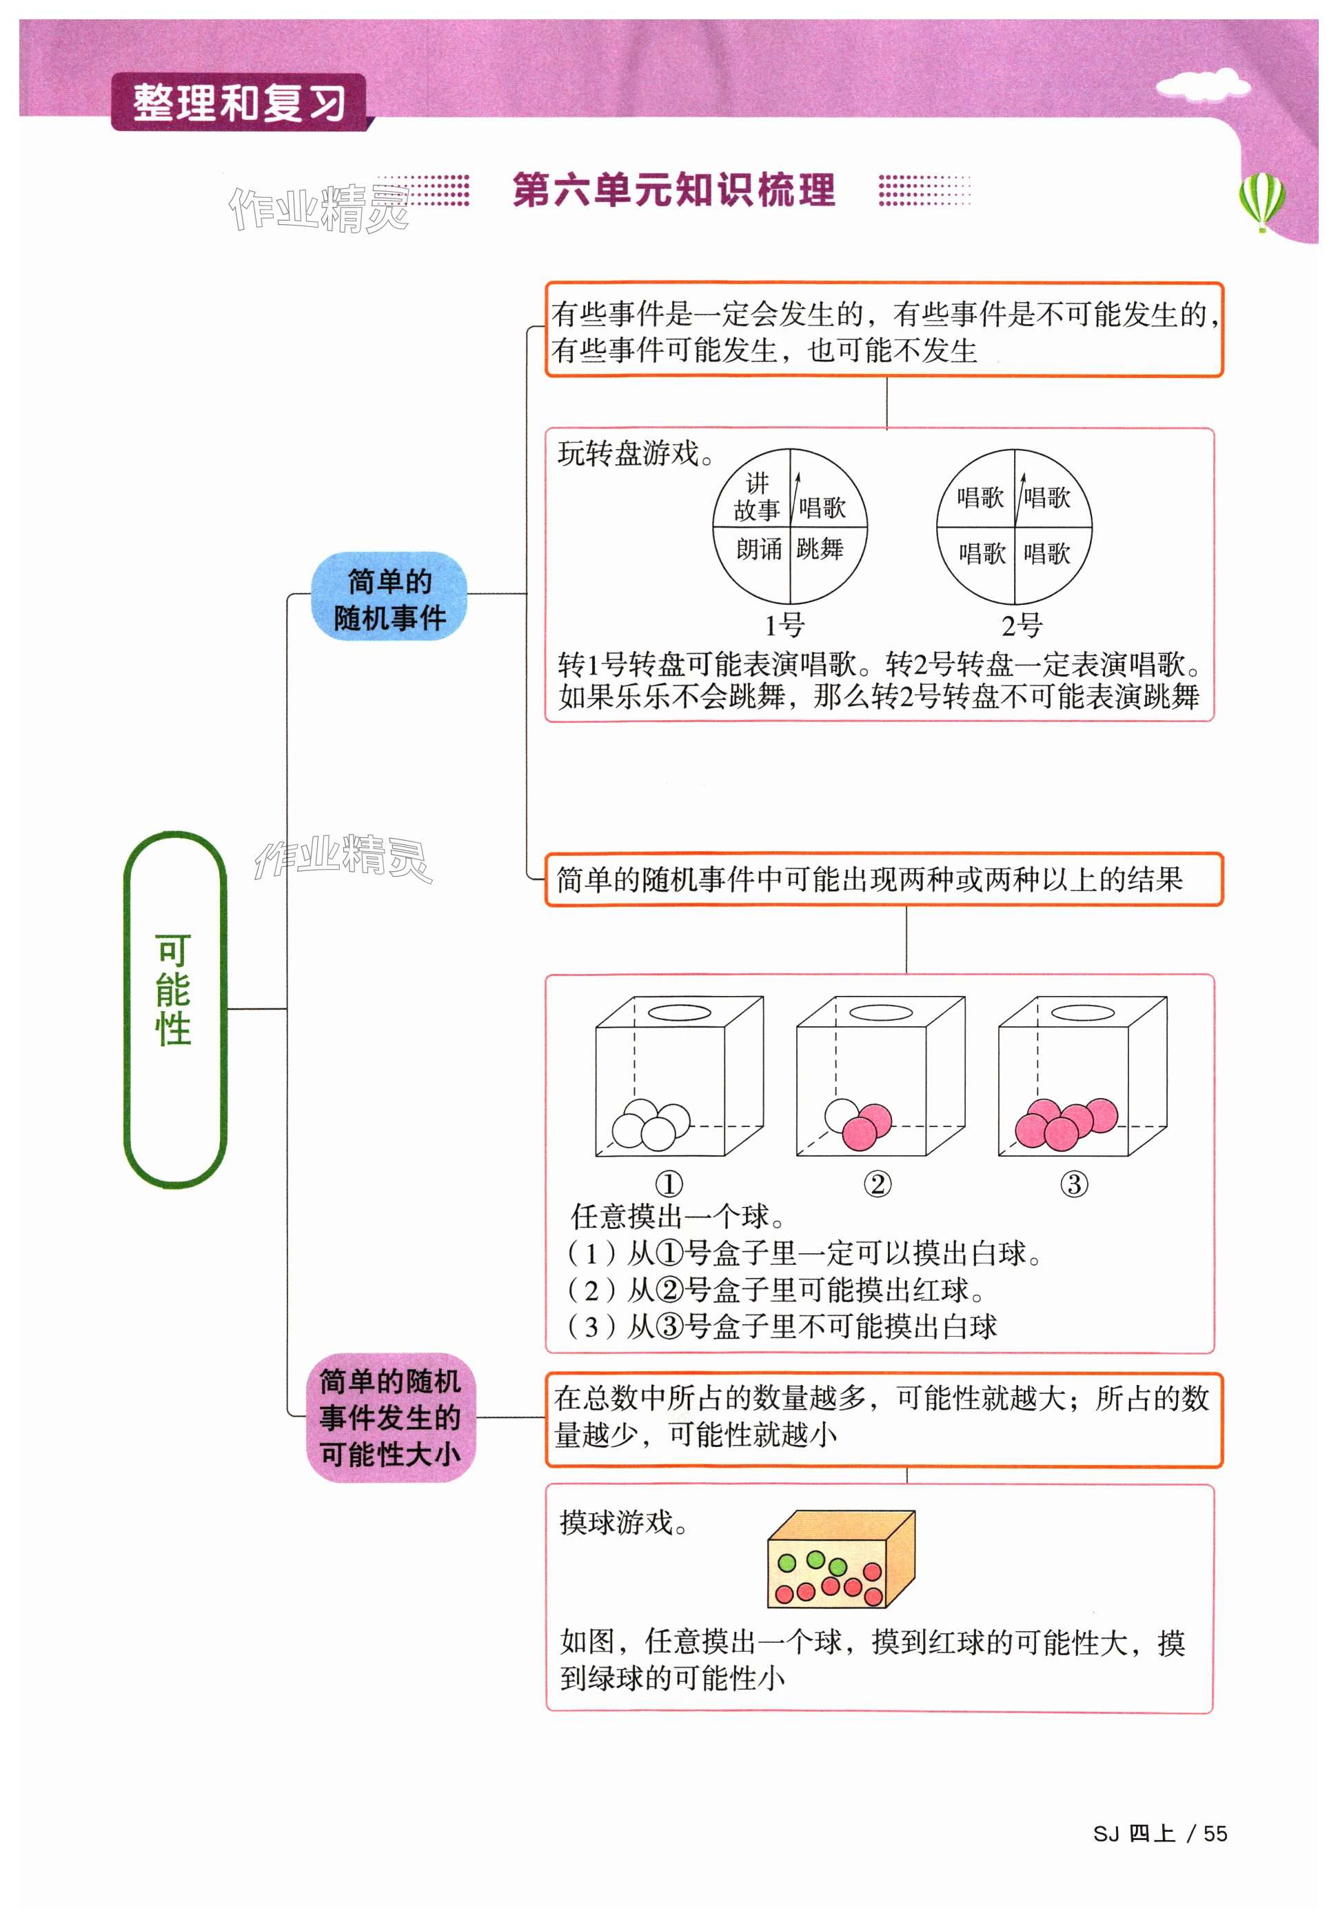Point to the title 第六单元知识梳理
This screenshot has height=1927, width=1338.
(673, 190)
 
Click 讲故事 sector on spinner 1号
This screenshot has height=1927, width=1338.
(756, 497)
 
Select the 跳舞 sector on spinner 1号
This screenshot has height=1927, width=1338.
(820, 550)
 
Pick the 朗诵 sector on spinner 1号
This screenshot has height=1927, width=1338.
(759, 550)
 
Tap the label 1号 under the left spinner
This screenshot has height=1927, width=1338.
(784, 626)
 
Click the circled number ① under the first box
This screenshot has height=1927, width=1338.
(668, 1184)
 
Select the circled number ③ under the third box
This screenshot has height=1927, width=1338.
(1074, 1184)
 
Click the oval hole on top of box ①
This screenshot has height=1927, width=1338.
(678, 1012)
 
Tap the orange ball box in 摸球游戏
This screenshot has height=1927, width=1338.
(840, 1559)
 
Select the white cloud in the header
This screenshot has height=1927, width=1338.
(1202, 85)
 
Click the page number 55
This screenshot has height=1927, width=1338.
(1215, 1834)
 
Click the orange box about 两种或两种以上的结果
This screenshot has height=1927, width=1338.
(884, 879)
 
